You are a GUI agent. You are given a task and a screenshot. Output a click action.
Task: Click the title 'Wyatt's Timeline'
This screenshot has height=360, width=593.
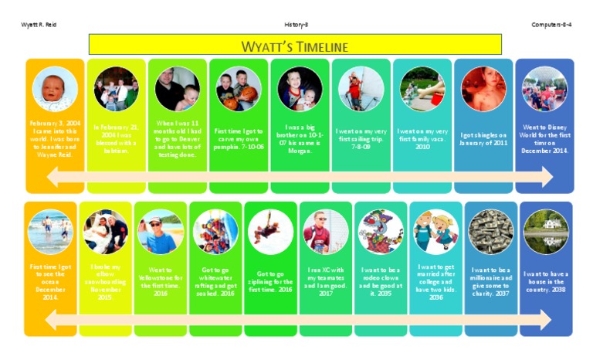295,46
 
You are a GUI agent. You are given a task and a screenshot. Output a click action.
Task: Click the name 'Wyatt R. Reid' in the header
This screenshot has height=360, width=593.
39,25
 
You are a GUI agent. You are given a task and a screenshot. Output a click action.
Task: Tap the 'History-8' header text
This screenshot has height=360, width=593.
296,25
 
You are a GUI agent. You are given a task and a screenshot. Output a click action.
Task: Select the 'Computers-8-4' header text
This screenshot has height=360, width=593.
551,25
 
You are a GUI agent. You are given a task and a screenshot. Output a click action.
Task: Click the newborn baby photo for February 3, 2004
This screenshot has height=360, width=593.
53,89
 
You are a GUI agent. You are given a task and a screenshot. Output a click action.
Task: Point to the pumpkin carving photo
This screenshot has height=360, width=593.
239,89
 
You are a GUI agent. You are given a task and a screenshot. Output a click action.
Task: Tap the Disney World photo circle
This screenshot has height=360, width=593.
544,89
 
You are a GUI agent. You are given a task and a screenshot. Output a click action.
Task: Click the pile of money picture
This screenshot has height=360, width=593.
491,231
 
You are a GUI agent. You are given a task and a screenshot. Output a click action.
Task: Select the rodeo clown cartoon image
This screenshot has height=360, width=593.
381,231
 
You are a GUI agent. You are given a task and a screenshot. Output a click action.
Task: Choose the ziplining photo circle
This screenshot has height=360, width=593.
270,231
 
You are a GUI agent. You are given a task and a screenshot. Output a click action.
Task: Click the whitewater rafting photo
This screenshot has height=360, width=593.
215,231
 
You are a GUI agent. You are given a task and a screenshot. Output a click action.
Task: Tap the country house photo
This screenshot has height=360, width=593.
546,231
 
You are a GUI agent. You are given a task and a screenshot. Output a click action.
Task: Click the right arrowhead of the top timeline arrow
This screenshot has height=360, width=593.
546,178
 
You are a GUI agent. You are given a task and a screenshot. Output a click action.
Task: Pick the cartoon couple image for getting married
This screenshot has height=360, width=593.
435,231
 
